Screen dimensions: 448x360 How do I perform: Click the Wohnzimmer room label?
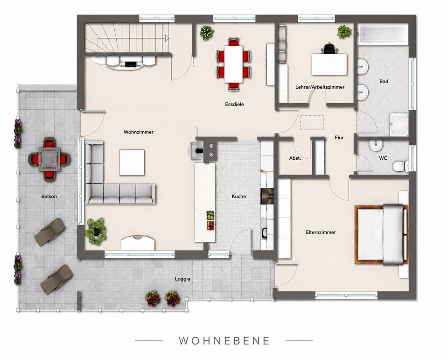(x=138, y=132)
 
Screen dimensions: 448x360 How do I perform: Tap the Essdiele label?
(x=234, y=105)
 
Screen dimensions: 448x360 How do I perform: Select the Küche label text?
(x=238, y=197)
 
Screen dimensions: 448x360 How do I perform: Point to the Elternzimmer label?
(x=321, y=233)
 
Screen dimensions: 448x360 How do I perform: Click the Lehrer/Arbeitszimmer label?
(x=320, y=87)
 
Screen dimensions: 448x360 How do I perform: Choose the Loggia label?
(x=182, y=279)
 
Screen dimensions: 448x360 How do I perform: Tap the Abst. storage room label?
(x=295, y=158)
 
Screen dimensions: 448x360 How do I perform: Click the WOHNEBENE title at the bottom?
(x=224, y=340)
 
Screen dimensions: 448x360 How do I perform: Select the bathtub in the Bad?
(x=383, y=35)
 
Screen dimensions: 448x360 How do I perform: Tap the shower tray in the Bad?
(x=399, y=125)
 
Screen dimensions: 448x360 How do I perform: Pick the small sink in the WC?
(x=375, y=145)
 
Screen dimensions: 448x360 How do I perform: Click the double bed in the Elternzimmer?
(x=381, y=234)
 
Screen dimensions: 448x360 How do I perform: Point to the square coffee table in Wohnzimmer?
(x=132, y=162)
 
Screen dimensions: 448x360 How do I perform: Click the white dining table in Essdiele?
(x=233, y=64)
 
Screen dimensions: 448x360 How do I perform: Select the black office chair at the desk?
(x=329, y=48)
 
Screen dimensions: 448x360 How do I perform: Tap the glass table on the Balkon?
(x=49, y=159)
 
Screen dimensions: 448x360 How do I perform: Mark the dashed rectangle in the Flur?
(x=312, y=123)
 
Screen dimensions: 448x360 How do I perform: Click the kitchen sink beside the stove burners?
(x=197, y=150)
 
